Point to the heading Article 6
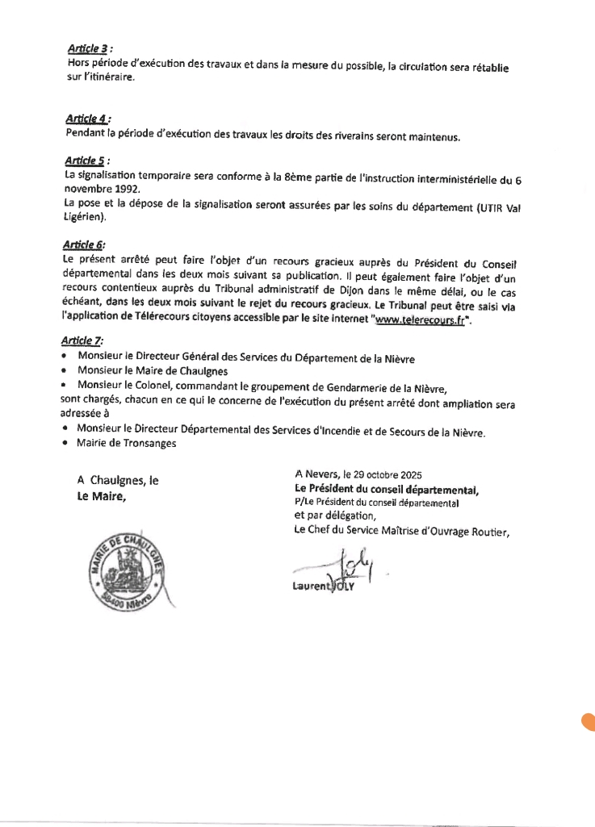[83, 244]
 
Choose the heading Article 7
[83, 341]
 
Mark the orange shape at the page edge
[589, 721]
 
